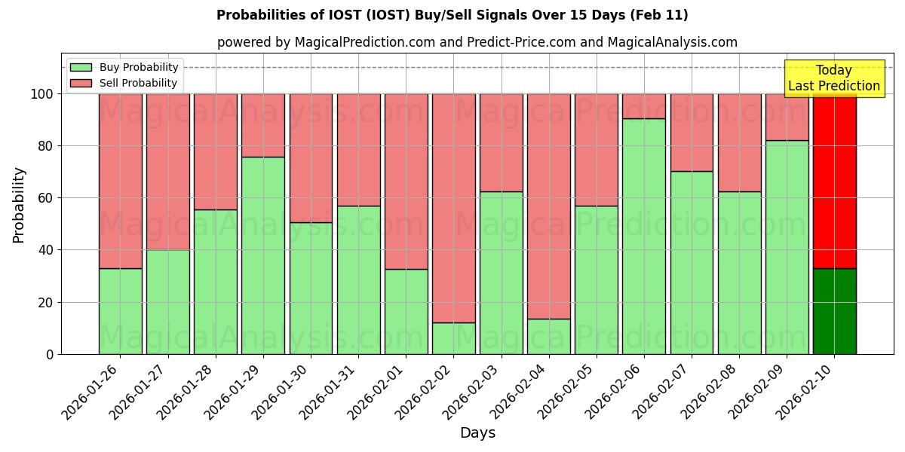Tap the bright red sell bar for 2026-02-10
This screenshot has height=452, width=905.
[835, 181]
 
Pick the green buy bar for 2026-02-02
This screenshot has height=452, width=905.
[454, 338]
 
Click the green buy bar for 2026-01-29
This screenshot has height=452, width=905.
[263, 255]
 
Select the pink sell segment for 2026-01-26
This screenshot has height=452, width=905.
[121, 181]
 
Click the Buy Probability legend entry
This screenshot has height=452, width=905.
[124, 67]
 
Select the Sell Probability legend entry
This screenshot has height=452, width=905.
[124, 83]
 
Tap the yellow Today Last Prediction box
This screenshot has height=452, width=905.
[833, 78]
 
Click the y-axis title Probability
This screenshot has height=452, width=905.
[19, 204]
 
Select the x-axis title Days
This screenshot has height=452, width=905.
[477, 433]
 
